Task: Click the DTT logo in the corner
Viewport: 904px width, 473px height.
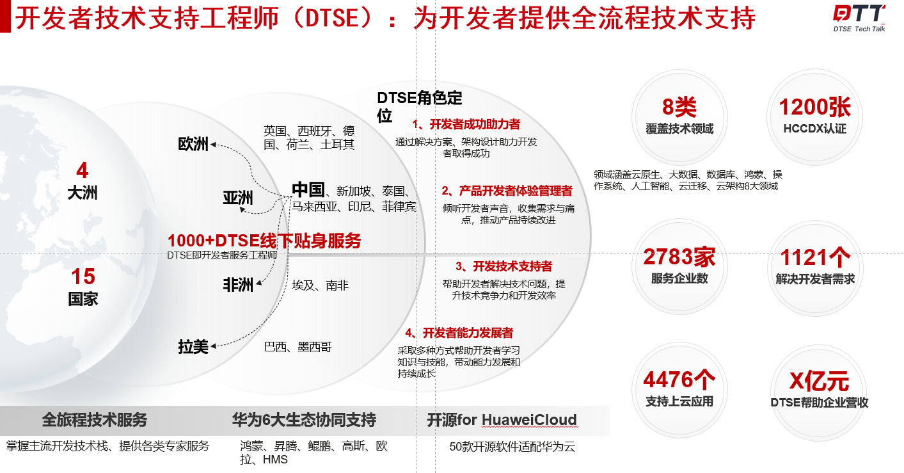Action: (859, 14)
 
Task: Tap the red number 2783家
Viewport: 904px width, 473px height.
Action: (679, 257)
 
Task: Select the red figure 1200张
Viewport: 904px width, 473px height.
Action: (814, 107)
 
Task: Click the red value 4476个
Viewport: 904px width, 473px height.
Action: (679, 380)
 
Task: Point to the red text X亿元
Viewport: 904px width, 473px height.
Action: (818, 381)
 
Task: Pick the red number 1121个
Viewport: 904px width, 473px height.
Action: (815, 257)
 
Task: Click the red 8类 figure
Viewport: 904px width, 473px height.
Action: (679, 107)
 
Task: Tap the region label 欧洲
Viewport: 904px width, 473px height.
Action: (193, 144)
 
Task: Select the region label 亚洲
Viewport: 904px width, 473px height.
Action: (238, 198)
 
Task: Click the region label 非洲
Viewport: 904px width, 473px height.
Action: (238, 285)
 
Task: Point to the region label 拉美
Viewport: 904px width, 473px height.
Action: (193, 347)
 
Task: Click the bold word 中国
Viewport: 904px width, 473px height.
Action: (308, 189)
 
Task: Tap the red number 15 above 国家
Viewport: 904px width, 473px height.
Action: (83, 277)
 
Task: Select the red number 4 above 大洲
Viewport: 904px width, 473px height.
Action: (82, 170)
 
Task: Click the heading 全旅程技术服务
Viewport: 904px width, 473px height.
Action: (95, 420)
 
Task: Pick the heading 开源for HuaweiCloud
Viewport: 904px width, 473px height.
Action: (502, 420)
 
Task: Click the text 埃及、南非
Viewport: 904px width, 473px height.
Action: (320, 285)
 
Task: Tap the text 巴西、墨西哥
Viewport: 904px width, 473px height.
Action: (297, 347)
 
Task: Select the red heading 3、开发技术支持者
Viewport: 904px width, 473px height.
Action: (504, 266)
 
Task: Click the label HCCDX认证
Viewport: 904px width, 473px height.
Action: (814, 129)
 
